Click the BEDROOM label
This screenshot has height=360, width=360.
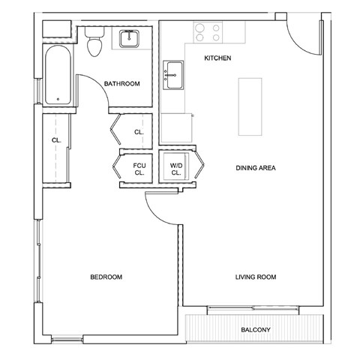106,277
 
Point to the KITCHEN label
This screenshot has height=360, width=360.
217,58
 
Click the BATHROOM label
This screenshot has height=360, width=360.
122,84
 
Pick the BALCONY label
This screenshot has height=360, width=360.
256,330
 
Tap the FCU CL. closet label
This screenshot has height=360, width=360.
139,168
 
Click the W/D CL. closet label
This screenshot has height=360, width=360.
177,168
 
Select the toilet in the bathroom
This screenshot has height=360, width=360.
94,43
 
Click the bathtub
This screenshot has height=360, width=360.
57,67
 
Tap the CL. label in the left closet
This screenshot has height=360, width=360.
56,140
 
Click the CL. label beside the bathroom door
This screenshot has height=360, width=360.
139,133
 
